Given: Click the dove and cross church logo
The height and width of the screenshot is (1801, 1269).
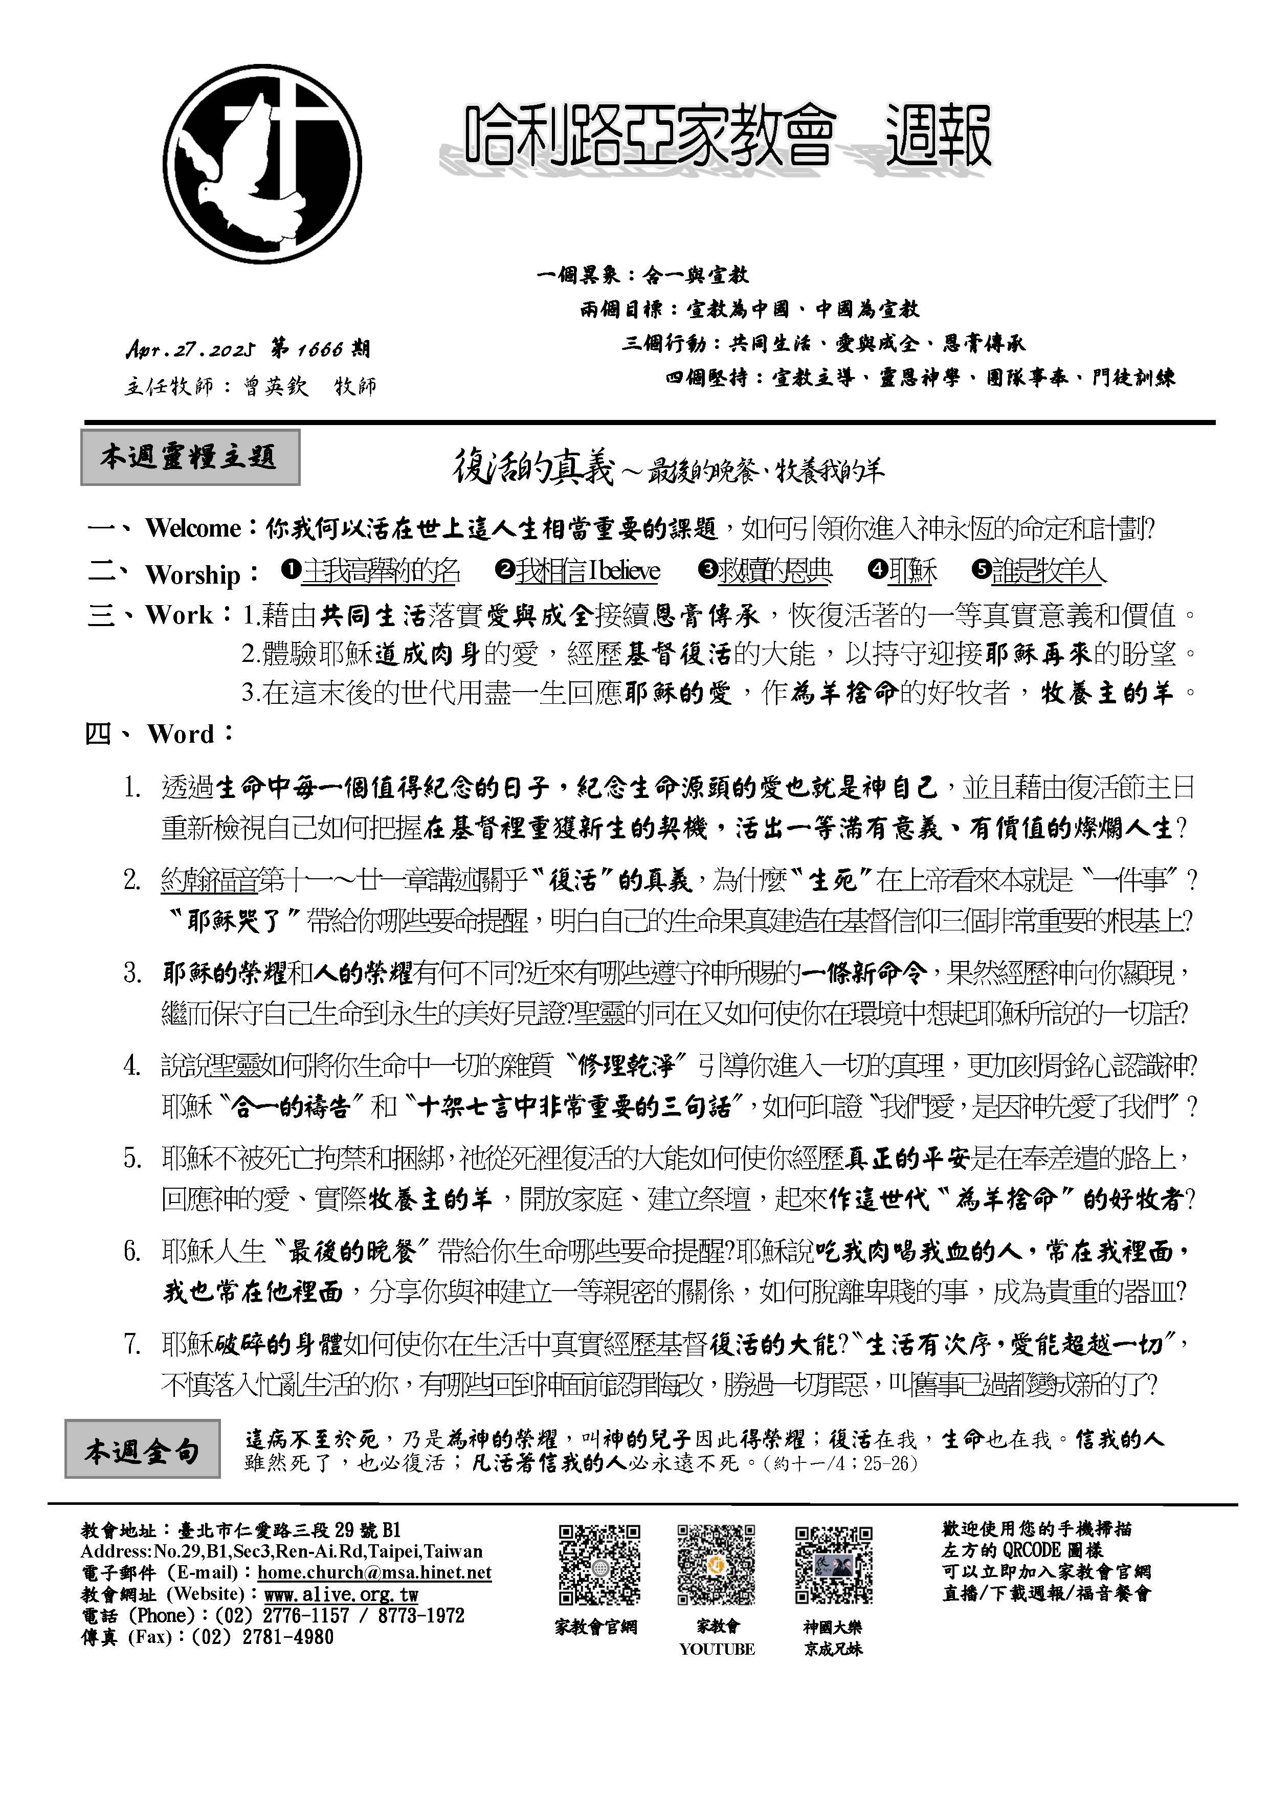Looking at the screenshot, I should [263, 166].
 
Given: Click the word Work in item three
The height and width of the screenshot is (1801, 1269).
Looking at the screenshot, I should [179, 615].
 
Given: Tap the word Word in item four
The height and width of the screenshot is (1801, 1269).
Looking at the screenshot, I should [181, 734].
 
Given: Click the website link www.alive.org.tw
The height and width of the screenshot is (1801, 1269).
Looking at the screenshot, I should [341, 1594].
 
